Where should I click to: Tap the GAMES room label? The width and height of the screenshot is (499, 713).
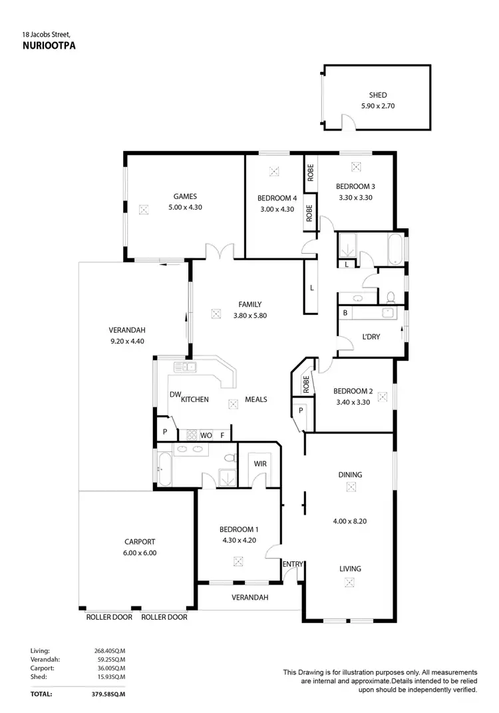click(185, 196)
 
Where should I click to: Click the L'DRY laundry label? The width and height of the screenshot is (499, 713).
click(371, 337)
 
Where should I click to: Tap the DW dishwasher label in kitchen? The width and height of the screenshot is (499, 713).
click(175, 395)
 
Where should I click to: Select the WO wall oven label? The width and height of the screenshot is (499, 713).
click(206, 435)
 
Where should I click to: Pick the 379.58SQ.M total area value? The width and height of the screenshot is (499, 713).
click(108, 694)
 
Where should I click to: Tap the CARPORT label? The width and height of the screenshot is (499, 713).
click(140, 542)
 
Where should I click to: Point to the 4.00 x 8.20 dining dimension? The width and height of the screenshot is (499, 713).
click(350, 521)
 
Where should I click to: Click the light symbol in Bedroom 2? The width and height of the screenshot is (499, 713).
click(382, 396)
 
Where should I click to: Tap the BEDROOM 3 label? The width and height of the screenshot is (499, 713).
click(355, 186)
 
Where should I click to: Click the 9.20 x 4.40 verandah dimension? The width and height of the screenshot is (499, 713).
click(127, 341)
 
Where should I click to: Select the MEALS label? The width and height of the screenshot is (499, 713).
click(255, 399)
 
